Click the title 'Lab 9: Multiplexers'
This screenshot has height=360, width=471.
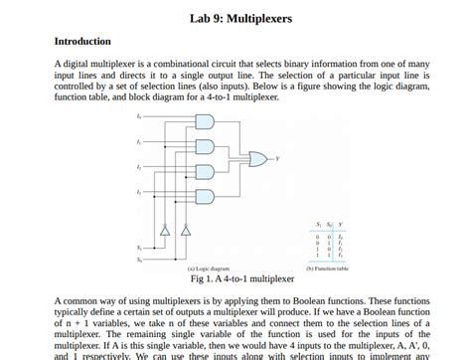[x=235, y=19]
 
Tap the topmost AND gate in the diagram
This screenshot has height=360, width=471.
[x=205, y=122]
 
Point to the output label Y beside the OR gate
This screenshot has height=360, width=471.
[x=278, y=158]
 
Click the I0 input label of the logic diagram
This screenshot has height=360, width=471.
[x=138, y=117]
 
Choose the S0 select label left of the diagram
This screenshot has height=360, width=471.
[x=138, y=258]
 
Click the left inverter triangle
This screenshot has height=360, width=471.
[x=164, y=231]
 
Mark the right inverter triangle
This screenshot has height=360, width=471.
[x=187, y=231]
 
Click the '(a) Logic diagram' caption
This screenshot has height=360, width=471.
[x=209, y=269]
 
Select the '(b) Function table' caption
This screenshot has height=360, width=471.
[x=326, y=269]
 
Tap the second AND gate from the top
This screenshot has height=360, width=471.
[x=205, y=146]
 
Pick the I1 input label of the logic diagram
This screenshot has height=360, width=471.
[x=138, y=141]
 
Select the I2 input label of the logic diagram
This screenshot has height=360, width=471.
[x=138, y=165]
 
